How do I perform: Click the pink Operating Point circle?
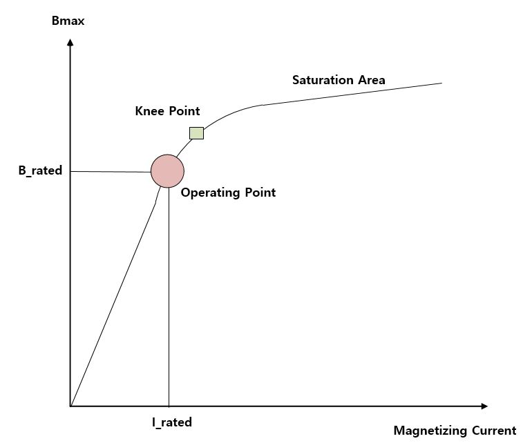167,170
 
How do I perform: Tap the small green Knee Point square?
196,132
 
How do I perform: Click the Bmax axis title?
68,21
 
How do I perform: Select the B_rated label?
40,170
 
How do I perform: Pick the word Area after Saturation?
372,80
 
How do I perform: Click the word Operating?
211,193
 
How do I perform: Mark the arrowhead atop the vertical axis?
70,43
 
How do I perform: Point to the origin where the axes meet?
70,406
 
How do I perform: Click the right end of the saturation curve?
441,83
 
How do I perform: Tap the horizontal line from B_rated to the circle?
111,171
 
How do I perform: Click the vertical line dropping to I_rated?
169,297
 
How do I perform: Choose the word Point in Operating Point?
260,193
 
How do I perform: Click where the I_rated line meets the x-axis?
169,406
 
